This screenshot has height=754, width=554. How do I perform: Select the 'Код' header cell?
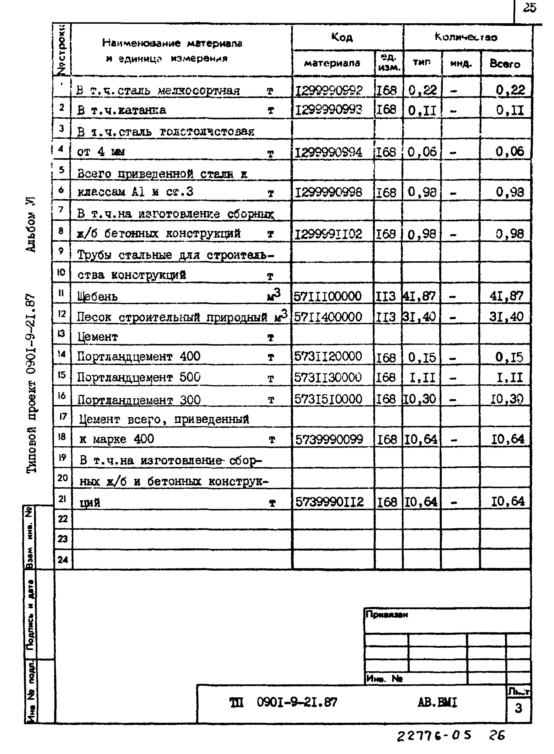click(342, 37)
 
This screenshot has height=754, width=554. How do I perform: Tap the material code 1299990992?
click(328, 90)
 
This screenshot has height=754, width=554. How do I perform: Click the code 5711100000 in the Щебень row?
click(328, 296)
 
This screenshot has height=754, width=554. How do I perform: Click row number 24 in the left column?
click(63, 560)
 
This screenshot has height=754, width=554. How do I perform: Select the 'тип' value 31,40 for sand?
click(420, 316)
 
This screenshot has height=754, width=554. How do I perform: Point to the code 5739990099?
click(329, 439)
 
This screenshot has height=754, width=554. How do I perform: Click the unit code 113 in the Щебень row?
click(386, 296)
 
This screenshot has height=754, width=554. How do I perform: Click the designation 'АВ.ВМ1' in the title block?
click(437, 702)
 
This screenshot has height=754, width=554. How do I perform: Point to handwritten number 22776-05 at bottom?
click(434, 736)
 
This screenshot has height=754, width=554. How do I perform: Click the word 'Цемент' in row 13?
click(98, 337)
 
